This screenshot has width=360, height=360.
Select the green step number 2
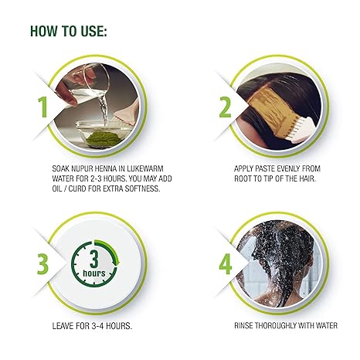(225, 106)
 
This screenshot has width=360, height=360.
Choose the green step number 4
(226, 263)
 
